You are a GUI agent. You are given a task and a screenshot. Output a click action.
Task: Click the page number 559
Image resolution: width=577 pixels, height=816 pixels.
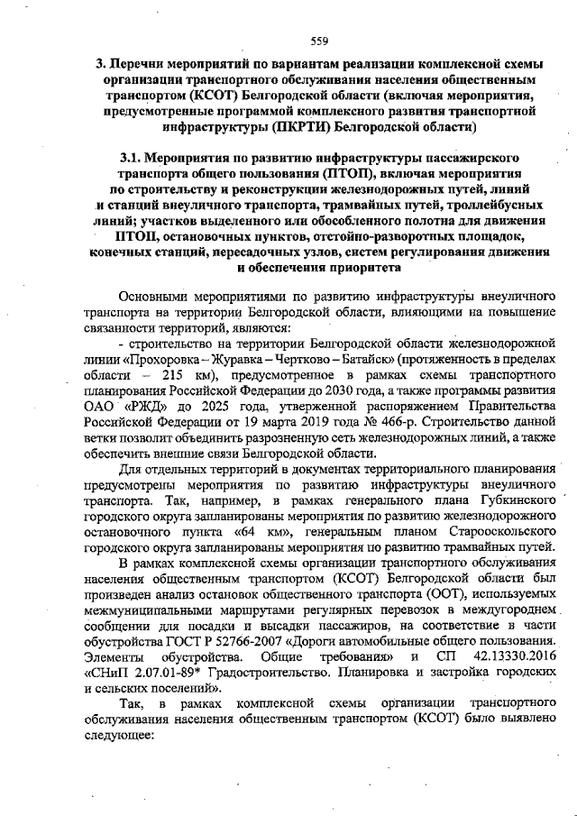(317, 40)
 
